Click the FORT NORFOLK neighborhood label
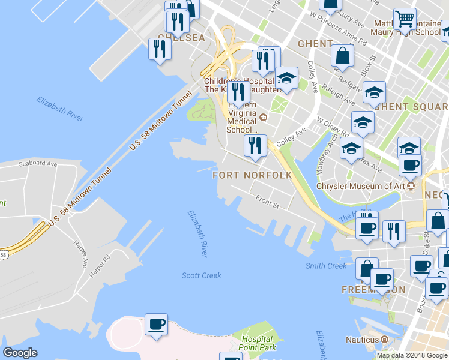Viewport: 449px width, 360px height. pyautogui.click(x=252, y=175)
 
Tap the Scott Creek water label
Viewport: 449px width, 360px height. pyautogui.click(x=202, y=275)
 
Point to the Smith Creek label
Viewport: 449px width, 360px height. pyautogui.click(x=326, y=266)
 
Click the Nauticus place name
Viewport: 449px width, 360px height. pyautogui.click(x=362, y=340)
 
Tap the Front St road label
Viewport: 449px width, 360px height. pyautogui.click(x=268, y=202)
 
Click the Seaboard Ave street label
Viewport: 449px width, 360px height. pyautogui.click(x=37, y=163)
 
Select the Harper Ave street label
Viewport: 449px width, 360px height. pyautogui.click(x=81, y=255)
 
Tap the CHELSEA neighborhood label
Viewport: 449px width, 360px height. pyautogui.click(x=181, y=38)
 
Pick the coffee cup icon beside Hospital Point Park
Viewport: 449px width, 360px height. pyautogui.click(x=156, y=325)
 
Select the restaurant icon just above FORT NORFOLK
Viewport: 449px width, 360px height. pyautogui.click(x=255, y=146)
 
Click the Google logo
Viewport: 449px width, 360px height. pyautogui.click(x=20, y=353)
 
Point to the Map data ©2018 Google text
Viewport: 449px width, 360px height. pyautogui.click(x=411, y=355)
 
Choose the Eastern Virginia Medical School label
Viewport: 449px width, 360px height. pyautogui.click(x=243, y=116)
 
